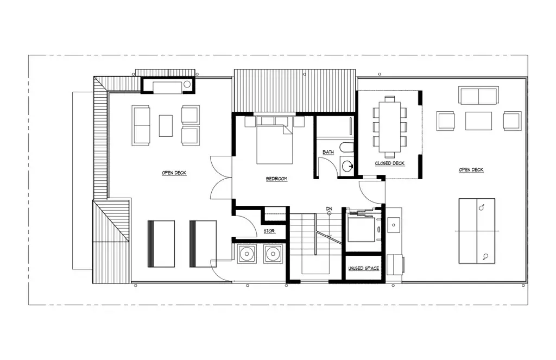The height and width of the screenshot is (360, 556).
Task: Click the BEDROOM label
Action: point(276,179)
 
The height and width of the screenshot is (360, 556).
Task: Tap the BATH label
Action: point(328,152)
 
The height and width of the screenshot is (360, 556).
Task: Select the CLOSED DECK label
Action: point(390,163)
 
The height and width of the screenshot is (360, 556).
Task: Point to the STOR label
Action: point(269,231)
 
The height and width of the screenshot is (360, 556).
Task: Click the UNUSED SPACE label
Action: point(363,268)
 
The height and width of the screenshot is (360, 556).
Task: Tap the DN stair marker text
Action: point(329,209)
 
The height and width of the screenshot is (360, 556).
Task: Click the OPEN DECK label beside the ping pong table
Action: point(471,170)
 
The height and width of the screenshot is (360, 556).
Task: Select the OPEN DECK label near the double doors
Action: point(174,173)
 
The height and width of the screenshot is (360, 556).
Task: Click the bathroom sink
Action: point(347,166)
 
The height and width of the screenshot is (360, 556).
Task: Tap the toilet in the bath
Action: point(346,148)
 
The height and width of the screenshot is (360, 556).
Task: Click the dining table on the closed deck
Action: point(390,127)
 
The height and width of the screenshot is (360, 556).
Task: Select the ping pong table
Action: point(477,231)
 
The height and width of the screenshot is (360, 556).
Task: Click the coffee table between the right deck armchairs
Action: point(479,121)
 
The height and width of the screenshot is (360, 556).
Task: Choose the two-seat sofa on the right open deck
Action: point(479,96)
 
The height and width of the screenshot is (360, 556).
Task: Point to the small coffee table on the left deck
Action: point(166,125)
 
